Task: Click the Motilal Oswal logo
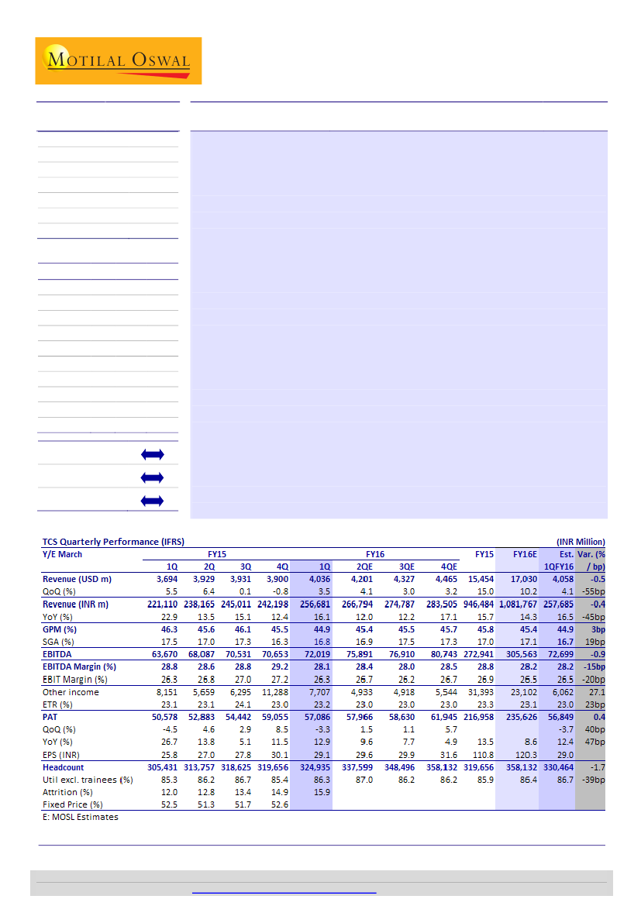118,60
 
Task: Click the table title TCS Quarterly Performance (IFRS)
112,542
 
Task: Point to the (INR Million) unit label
580,542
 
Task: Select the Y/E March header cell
62,554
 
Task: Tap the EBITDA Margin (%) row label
78,667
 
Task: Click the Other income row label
71,692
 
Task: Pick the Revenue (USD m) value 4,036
315,579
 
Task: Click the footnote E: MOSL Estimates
80,817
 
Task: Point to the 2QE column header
365,567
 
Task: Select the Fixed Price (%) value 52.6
277,804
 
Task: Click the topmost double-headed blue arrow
153,453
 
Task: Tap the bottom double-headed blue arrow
153,501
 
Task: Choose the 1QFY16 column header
557,567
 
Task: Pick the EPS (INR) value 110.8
481,754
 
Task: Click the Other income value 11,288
272,692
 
